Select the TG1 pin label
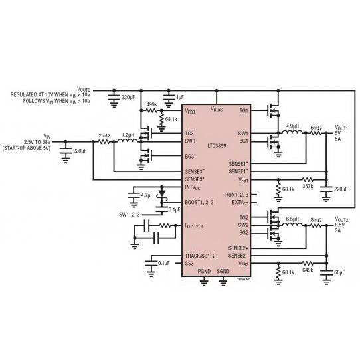[243, 111]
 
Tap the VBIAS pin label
[217, 108]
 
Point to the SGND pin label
[223, 271]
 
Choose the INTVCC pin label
[193, 187]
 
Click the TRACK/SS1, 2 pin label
[200, 256]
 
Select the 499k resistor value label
[151, 104]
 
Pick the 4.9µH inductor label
[292, 126]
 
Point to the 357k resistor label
[307, 187]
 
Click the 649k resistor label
[307, 270]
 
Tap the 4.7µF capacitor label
[147, 195]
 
